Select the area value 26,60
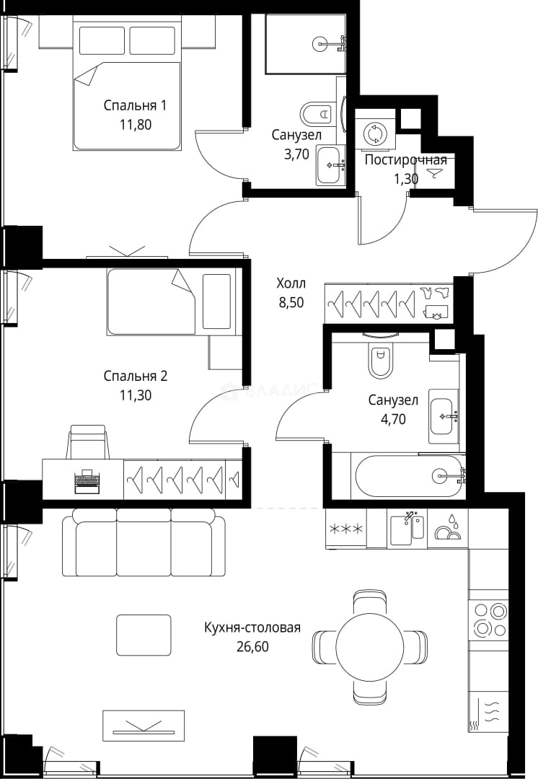click(x=252, y=646)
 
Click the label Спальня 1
click(x=135, y=105)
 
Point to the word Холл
click(x=291, y=283)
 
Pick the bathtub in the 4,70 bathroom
click(x=409, y=475)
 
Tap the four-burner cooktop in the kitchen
click(x=488, y=619)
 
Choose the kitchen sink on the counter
click(x=407, y=529)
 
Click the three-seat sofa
click(x=143, y=542)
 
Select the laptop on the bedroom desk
click(x=87, y=481)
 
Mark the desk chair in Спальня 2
click(x=88, y=441)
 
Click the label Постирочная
click(x=406, y=160)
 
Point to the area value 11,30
click(x=135, y=395)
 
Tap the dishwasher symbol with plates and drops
click(x=448, y=527)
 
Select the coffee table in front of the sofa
click(x=144, y=635)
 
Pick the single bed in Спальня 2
click(x=170, y=302)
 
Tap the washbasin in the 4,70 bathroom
click(x=444, y=416)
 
